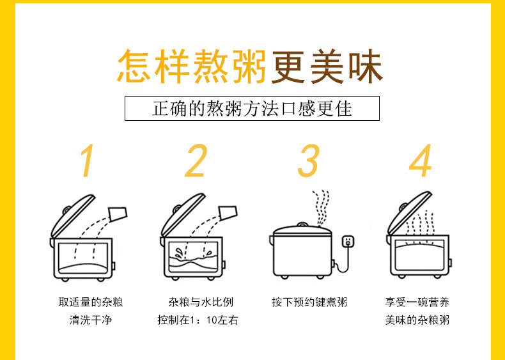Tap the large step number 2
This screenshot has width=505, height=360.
pyautogui.click(x=196, y=160)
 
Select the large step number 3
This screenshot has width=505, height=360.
pyautogui.click(x=309, y=160)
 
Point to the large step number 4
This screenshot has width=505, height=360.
pyautogui.click(x=421, y=160)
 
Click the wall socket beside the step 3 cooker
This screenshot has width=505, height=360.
pyautogui.click(x=348, y=242)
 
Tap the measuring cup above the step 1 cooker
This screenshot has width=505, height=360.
pyautogui.click(x=118, y=214)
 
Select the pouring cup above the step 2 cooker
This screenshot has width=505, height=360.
pyautogui.click(x=228, y=213)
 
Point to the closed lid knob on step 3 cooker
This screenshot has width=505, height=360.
pyautogui.click(x=302, y=224)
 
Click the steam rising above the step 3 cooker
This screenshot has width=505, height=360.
pyautogui.click(x=321, y=208)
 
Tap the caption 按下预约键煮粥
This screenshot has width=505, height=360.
pyautogui.click(x=309, y=302)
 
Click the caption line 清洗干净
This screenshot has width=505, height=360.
pyautogui.click(x=91, y=320)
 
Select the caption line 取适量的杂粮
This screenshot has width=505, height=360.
pyautogui.click(x=91, y=302)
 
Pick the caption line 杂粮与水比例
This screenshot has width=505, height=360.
pyautogui.click(x=201, y=302)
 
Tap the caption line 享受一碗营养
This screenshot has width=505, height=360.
pyautogui.click(x=417, y=302)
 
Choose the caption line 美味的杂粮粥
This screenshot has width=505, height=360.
pyautogui.click(x=417, y=320)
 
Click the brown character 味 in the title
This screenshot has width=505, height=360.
pyautogui.click(x=366, y=67)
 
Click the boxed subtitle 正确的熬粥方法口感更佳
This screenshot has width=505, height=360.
pyautogui.click(x=252, y=108)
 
